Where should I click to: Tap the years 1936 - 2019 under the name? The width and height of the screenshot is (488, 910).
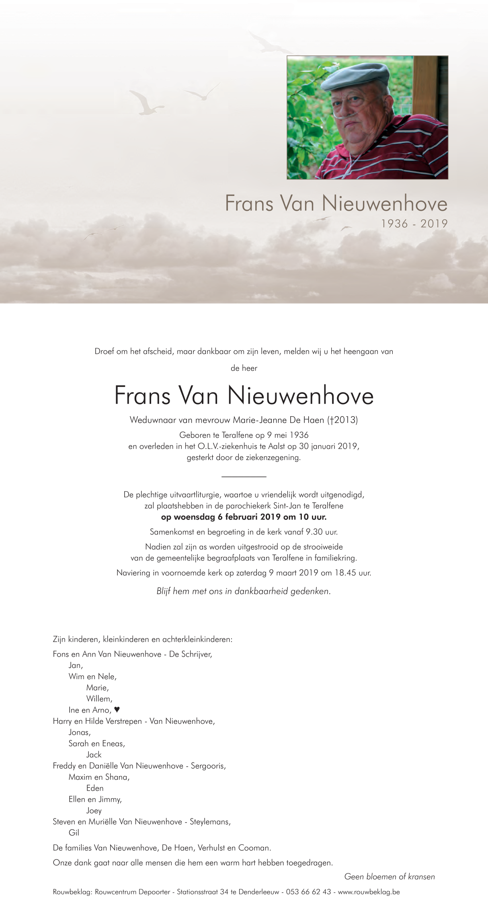click(x=414, y=224)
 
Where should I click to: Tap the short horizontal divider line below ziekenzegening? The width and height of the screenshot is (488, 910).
click(x=244, y=477)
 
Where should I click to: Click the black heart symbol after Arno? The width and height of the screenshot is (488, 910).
click(x=117, y=710)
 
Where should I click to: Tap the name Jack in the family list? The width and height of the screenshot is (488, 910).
click(x=94, y=755)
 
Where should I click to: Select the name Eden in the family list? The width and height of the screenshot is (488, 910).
click(x=95, y=788)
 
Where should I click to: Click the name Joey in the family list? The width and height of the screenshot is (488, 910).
click(x=94, y=811)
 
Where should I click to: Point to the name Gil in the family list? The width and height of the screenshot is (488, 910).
click(x=74, y=833)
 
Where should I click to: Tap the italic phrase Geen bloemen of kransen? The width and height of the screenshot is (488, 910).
click(x=390, y=877)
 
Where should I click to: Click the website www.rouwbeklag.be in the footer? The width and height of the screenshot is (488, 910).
click(x=369, y=892)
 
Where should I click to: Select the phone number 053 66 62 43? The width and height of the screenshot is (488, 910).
click(x=308, y=892)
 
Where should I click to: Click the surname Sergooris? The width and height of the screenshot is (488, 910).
click(x=208, y=766)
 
